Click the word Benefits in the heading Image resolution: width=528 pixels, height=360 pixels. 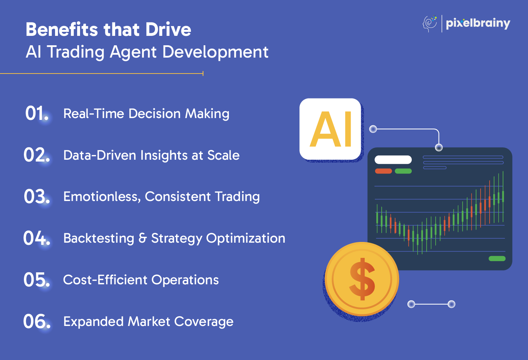[62, 29]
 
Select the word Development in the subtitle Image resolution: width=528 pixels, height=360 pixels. [215, 52]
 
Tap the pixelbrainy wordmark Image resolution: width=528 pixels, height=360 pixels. [478, 24]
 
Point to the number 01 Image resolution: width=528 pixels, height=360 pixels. [37, 113]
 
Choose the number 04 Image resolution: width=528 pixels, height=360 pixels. [37, 238]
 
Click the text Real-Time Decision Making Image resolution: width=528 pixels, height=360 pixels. [146, 114]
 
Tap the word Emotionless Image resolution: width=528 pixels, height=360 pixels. [102, 197]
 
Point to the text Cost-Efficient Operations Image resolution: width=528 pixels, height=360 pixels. [141, 280]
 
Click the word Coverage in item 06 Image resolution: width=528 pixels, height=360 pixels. [204, 322]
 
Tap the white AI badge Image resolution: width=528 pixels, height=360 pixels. [330, 129]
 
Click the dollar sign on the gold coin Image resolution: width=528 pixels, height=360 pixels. [362, 279]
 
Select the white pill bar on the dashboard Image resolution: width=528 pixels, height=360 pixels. [393, 160]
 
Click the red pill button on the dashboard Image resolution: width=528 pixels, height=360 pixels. [384, 171]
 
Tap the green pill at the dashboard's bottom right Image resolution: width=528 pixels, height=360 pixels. [497, 259]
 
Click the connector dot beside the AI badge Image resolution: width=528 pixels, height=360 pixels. [373, 129]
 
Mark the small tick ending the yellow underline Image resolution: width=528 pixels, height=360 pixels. [203, 74]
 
